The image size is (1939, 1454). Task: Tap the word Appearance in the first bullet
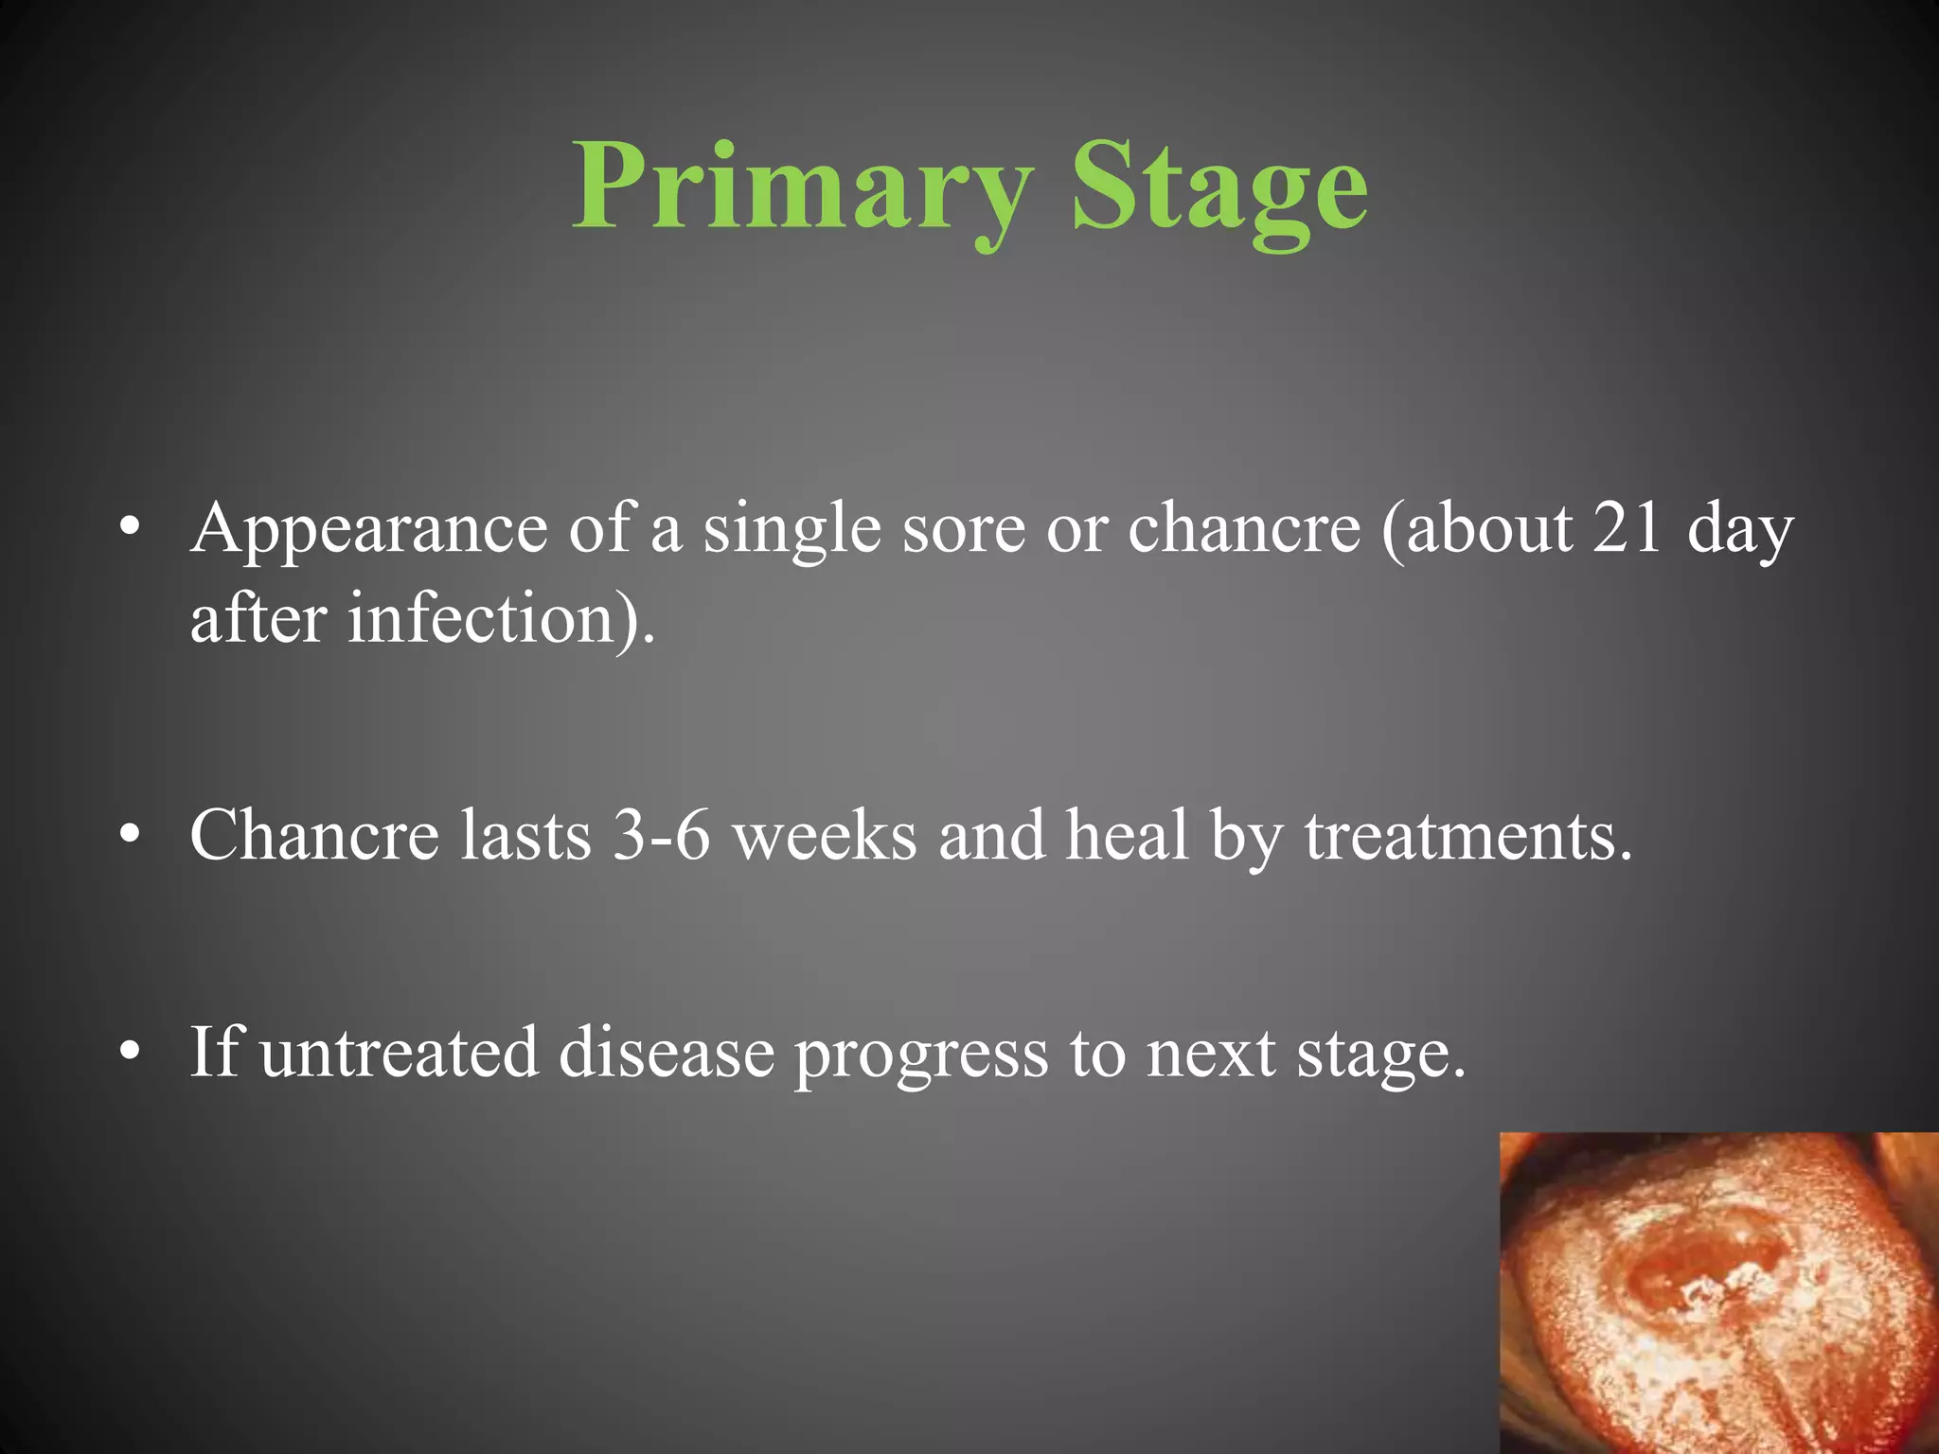click(x=368, y=530)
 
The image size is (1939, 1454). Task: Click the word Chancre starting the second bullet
click(x=314, y=836)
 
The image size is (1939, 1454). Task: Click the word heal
click(x=1126, y=836)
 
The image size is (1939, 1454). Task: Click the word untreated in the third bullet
click(x=398, y=1053)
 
